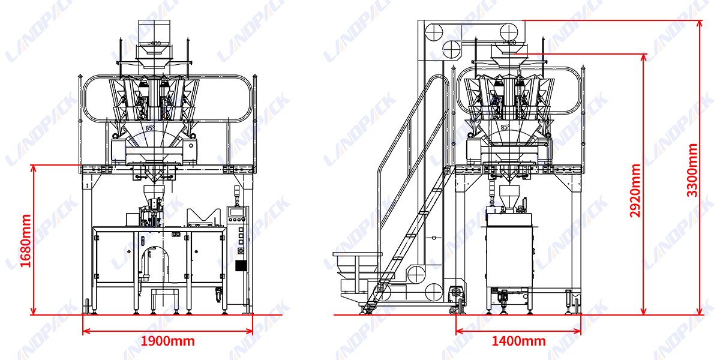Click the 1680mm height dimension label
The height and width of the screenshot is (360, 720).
click(25, 240)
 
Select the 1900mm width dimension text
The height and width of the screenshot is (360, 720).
click(167, 341)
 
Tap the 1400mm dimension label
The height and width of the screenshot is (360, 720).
click(518, 341)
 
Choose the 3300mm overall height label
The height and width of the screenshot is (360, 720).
click(692, 170)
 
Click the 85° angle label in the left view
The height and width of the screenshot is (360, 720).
click(149, 128)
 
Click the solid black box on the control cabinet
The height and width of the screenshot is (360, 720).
click(241, 266)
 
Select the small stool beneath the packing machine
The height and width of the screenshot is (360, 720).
click(166, 297)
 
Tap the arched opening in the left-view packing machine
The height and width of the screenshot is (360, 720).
click(159, 264)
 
